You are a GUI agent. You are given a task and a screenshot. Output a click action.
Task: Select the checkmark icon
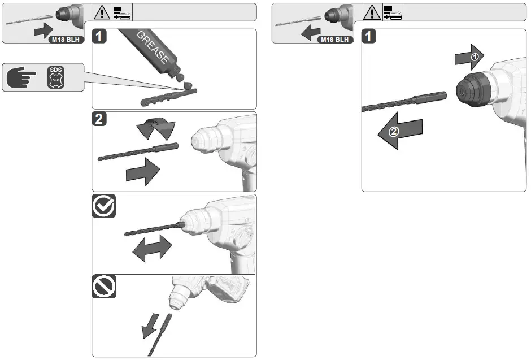[x=104, y=207]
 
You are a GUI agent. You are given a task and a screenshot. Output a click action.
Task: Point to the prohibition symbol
[x=104, y=287]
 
